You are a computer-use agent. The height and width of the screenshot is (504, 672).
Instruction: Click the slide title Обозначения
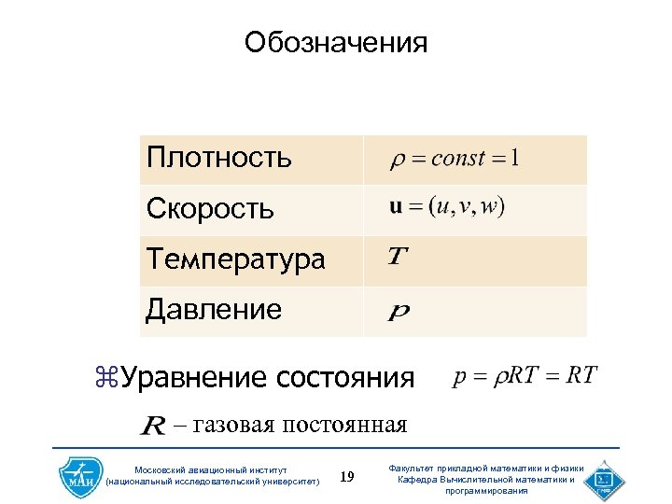coord(336,43)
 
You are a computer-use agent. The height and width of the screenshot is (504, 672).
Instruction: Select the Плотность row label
coord(219,158)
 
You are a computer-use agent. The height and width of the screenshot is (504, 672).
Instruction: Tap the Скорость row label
coord(210,209)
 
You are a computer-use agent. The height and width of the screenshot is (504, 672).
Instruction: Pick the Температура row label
coord(235,259)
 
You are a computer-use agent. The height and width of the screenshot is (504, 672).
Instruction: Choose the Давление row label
coord(214,310)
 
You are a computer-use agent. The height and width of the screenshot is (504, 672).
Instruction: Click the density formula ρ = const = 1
coord(455,158)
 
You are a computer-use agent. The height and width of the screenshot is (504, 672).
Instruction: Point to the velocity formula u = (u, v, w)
coord(447,207)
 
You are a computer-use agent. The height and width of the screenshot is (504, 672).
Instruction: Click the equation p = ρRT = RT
coord(525,376)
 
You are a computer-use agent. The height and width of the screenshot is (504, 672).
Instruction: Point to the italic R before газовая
coord(153,427)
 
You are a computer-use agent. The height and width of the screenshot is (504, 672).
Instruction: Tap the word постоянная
coord(344,427)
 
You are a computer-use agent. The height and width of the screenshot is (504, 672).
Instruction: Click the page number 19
coord(347,478)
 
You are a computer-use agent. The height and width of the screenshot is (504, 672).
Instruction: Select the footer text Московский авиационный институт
coord(212,469)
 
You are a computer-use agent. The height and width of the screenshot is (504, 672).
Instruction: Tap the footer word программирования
coord(486,491)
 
